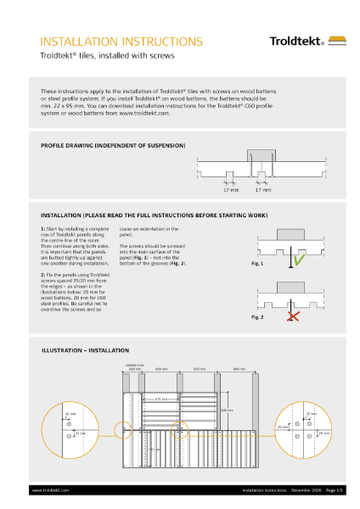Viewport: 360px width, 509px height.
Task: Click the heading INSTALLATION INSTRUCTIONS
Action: (121, 41)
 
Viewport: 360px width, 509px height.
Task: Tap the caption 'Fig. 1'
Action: (257, 265)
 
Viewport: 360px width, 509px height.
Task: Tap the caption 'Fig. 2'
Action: (257, 316)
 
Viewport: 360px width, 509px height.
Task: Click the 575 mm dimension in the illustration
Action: (160, 398)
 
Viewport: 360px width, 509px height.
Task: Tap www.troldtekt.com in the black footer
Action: (50, 489)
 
